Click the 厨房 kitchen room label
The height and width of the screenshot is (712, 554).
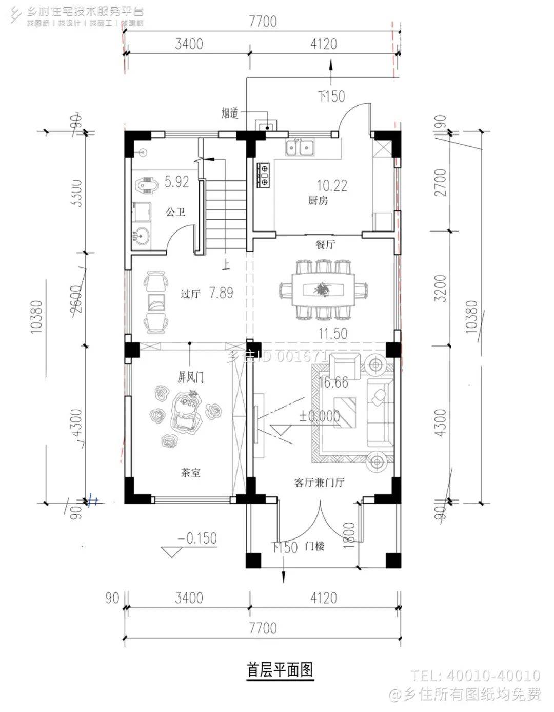pyautogui.click(x=318, y=201)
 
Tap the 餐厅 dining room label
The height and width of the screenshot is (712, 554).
pyautogui.click(x=325, y=244)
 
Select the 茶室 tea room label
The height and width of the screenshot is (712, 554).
pyautogui.click(x=190, y=472)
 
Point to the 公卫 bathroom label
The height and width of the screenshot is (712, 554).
pyautogui.click(x=175, y=211)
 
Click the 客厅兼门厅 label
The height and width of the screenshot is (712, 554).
pyautogui.click(x=319, y=483)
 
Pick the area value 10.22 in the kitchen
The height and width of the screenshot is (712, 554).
pyautogui.click(x=332, y=185)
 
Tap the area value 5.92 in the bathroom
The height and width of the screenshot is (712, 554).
pyautogui.click(x=176, y=182)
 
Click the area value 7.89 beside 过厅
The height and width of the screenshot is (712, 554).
pyautogui.click(x=221, y=293)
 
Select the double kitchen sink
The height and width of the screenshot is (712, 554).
pyautogui.click(x=299, y=148)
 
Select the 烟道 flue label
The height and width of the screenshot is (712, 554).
pyautogui.click(x=230, y=113)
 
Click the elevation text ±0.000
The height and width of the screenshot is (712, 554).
pyautogui.click(x=320, y=416)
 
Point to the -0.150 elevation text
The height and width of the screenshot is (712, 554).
pyautogui.click(x=197, y=538)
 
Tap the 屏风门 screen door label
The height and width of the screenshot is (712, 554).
pyautogui.click(x=190, y=377)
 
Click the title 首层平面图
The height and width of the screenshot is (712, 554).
pyautogui.click(x=280, y=670)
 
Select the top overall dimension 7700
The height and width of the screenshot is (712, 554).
pyautogui.click(x=263, y=22)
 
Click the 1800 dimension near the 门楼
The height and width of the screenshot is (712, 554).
pyautogui.click(x=348, y=535)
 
